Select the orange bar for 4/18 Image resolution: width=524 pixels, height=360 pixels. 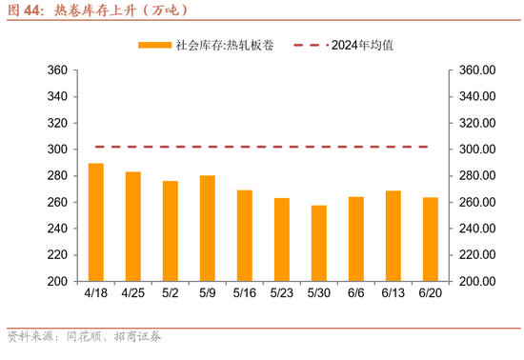[96, 223]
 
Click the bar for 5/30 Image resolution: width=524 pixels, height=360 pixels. [319, 244]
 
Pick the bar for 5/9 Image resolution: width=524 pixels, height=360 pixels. [208, 229]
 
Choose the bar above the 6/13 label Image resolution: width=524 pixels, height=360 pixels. [393, 236]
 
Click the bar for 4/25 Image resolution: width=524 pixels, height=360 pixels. [133, 227]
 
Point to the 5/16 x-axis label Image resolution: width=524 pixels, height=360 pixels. [245, 295]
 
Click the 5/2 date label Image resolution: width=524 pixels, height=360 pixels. [171, 295]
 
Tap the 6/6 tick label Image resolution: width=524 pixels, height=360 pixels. [356, 295]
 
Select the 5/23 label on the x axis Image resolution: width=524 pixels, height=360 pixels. [282, 295]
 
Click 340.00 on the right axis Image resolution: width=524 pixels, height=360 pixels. [476, 97]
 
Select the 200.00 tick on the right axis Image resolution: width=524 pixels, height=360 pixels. [476, 282]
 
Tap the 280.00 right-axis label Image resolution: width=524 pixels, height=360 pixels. [476, 176]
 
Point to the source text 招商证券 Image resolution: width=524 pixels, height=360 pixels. [138, 336]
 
